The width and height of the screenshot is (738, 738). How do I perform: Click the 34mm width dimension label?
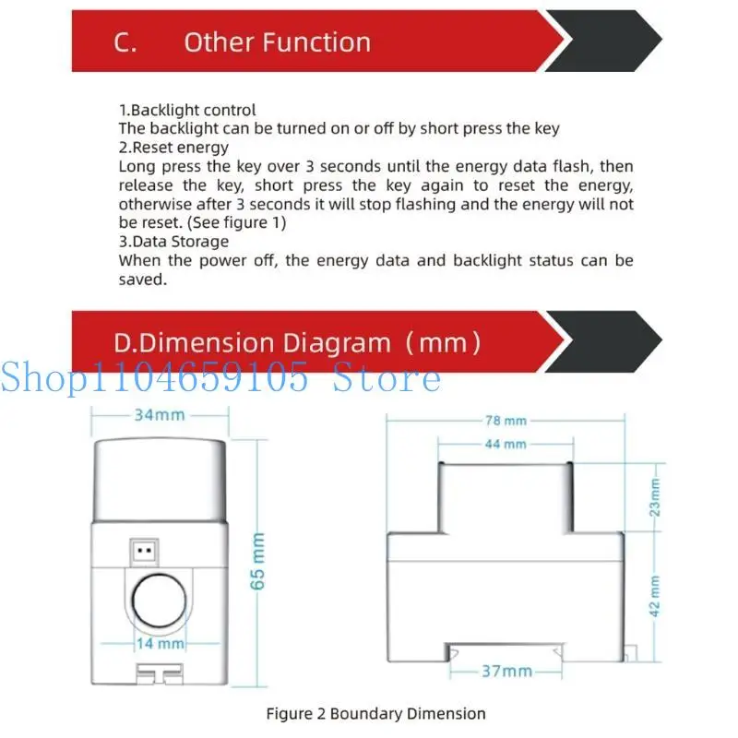tap(159, 415)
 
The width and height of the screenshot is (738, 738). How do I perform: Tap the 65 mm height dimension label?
tap(258, 561)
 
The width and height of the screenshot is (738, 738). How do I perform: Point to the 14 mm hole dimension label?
tap(161, 643)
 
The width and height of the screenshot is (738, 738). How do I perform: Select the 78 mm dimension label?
tap(506, 421)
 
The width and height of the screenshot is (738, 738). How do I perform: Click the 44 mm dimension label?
tap(506, 444)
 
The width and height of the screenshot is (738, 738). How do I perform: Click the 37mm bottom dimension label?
tap(506, 671)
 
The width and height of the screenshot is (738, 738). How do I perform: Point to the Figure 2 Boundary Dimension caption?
tap(375, 713)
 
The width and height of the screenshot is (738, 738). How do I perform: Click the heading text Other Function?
tap(277, 42)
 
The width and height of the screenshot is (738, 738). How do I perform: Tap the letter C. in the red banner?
tap(125, 42)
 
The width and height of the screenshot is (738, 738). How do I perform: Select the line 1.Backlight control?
tap(187, 110)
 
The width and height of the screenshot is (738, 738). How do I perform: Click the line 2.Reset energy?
tap(173, 148)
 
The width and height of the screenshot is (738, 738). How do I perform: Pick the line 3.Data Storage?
tap(173, 242)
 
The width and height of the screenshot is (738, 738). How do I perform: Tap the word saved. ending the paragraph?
tap(142, 280)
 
